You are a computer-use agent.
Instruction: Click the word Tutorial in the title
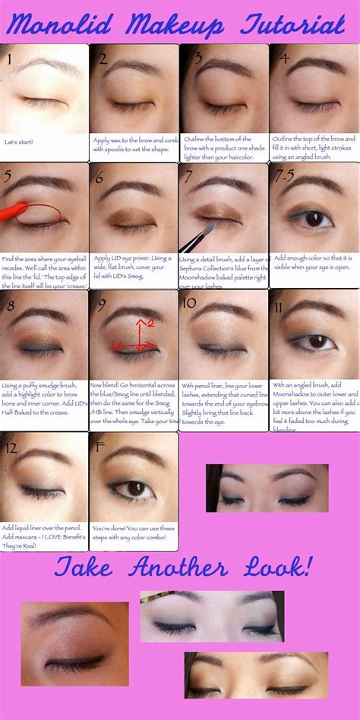292,27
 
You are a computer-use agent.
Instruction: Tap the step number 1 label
8,58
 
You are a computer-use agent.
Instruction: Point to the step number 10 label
190,303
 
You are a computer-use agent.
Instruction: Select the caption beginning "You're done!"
133,532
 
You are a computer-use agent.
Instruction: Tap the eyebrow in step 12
43,458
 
